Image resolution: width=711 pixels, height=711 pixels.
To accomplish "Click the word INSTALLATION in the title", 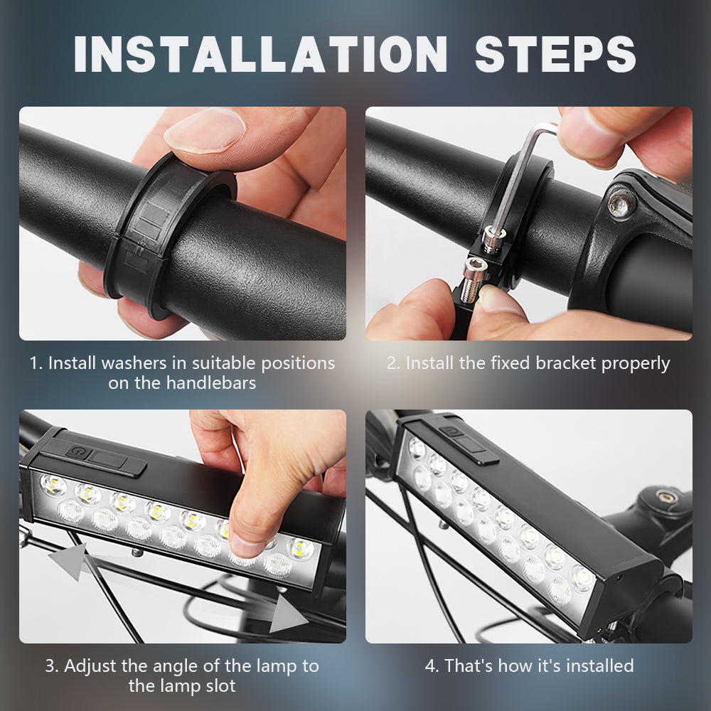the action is (x=261, y=54).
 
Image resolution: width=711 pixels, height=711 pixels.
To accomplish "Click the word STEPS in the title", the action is (x=555, y=54).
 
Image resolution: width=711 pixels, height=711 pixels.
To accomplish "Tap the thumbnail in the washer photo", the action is (x=205, y=129).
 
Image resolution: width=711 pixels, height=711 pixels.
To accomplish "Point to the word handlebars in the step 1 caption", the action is (x=211, y=383).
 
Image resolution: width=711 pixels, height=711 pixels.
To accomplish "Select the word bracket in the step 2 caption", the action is (x=565, y=363).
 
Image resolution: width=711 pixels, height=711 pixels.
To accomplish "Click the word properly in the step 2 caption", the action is (x=636, y=364).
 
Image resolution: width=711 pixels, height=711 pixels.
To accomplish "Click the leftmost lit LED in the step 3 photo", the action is (x=53, y=485).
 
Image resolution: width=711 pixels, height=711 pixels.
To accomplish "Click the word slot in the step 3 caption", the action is (x=221, y=686).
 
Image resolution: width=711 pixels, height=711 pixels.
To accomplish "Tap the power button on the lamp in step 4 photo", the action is (x=449, y=431).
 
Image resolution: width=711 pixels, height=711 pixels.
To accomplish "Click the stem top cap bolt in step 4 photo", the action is (x=668, y=496).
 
